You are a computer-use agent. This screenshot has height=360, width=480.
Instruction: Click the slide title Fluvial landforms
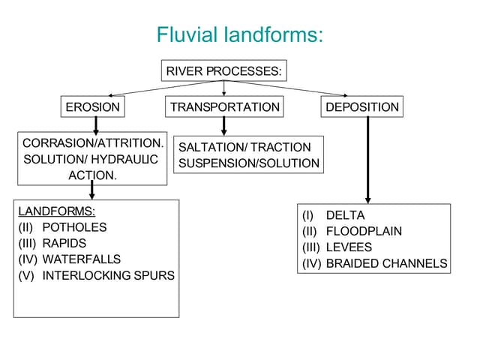click(239, 34)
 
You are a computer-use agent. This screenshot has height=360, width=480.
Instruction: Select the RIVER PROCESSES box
click(224, 71)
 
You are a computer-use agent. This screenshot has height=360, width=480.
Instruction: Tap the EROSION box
click(92, 107)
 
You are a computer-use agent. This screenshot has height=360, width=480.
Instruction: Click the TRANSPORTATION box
click(224, 107)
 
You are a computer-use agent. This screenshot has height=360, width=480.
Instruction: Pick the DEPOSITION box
click(362, 107)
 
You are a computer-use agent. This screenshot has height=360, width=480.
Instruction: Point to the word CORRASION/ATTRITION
click(92, 142)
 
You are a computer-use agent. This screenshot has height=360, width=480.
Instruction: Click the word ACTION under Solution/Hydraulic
click(92, 175)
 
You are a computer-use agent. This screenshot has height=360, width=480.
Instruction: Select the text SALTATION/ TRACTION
click(244, 147)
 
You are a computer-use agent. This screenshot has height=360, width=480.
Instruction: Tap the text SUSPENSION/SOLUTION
click(248, 163)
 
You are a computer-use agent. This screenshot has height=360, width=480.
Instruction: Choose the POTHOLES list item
click(74, 227)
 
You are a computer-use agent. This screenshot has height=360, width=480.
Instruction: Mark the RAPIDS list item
click(64, 243)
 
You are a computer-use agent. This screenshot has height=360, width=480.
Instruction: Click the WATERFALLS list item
click(81, 259)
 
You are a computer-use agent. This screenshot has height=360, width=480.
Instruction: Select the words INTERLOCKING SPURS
click(108, 275)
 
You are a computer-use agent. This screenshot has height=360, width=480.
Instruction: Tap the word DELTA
click(345, 215)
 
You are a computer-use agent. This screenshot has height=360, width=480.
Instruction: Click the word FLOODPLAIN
click(364, 231)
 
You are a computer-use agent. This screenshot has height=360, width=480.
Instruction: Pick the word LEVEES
click(349, 247)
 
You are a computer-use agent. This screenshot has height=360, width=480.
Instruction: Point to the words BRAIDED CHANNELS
click(386, 263)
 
